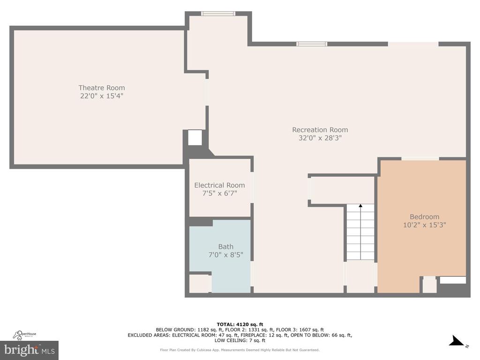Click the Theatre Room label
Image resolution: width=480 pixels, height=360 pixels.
(x=102, y=88)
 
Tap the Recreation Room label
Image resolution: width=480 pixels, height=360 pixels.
(x=320, y=130)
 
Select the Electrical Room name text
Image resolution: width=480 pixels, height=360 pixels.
(x=219, y=185)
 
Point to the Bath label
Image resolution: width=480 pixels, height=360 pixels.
(x=225, y=247)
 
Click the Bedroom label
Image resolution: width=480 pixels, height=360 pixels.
(x=424, y=217)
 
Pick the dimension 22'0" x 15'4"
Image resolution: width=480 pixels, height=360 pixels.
(x=102, y=96)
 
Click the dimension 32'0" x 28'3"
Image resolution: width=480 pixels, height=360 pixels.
(x=320, y=138)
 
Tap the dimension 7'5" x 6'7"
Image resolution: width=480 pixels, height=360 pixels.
(x=219, y=193)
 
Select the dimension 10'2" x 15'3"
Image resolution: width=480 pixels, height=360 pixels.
(x=424, y=225)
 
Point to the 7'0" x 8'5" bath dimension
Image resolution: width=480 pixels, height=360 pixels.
(x=225, y=255)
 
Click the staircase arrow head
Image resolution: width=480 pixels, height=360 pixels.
(x=360, y=206)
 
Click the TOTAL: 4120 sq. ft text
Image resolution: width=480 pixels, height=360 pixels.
(x=240, y=324)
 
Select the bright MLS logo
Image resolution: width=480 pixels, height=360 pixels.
(x=30, y=350)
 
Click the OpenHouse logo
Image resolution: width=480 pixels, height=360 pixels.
(x=24, y=335)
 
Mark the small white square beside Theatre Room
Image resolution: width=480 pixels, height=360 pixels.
(x=195, y=137)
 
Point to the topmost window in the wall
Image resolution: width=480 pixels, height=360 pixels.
(x=218, y=14)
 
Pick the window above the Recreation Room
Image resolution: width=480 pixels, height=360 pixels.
(x=312, y=44)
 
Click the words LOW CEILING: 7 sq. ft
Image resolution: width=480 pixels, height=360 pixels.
(x=240, y=340)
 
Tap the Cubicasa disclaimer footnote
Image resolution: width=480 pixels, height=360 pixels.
(x=240, y=350)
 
